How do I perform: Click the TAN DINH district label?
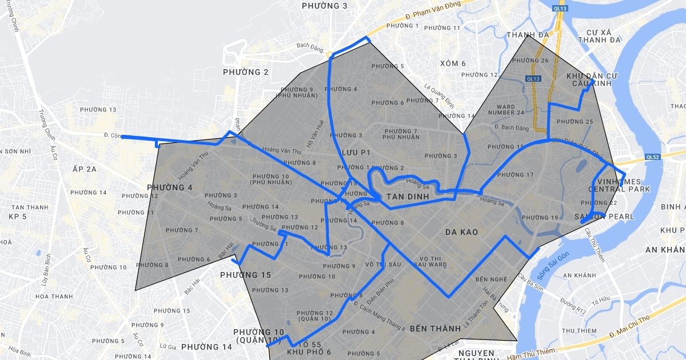408,197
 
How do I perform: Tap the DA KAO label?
461,232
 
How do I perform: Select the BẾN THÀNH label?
435,329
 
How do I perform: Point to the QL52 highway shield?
652,157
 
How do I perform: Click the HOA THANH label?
54,297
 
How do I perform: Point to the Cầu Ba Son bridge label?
529,277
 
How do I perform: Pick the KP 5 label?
18,217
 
